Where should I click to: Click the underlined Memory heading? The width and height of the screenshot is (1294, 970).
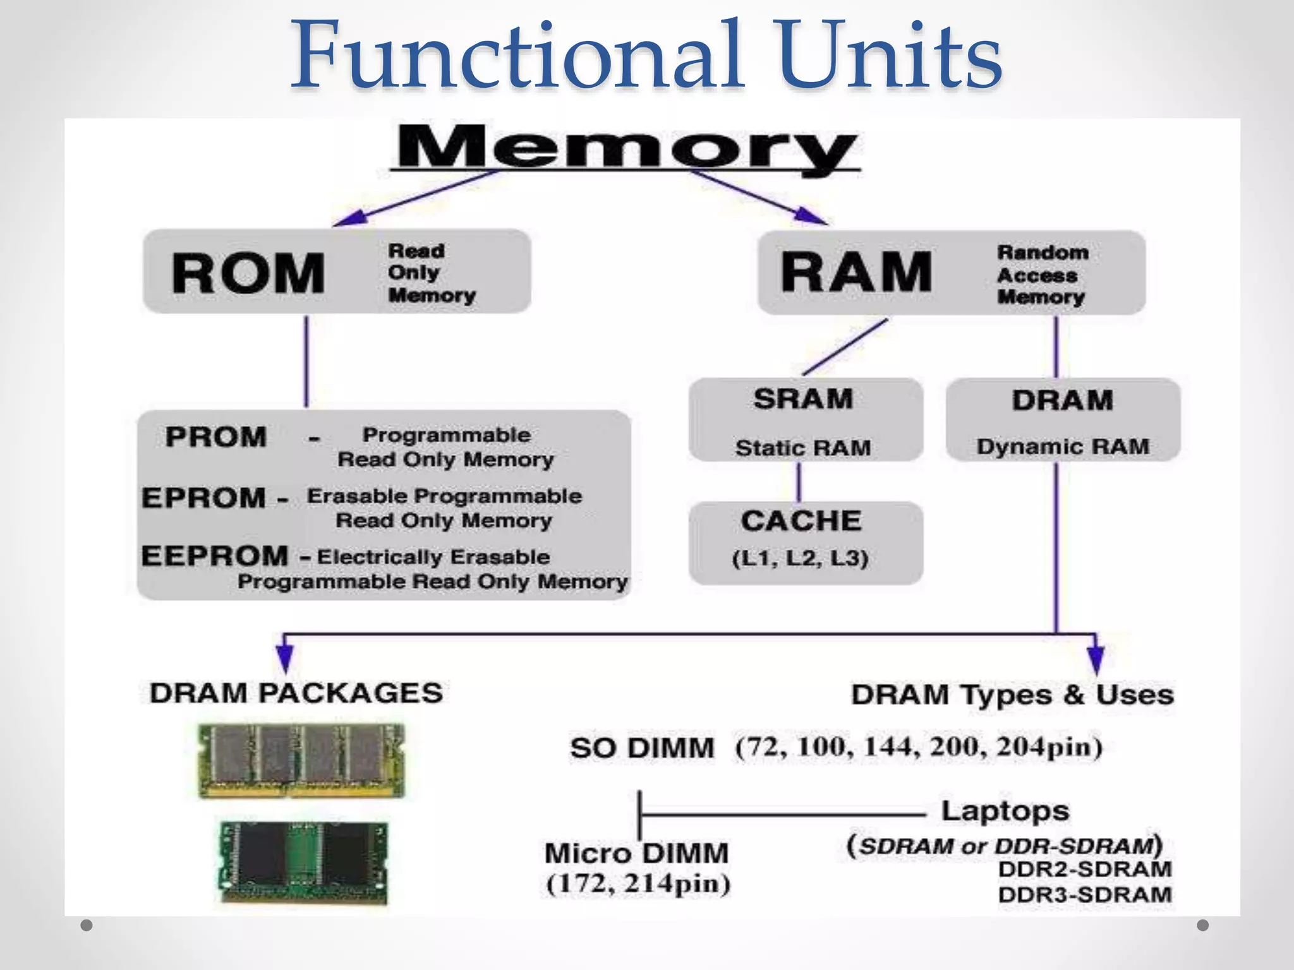[x=626, y=148]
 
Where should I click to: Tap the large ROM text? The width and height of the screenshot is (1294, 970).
[x=248, y=273]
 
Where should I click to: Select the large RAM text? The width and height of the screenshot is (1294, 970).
[x=856, y=272]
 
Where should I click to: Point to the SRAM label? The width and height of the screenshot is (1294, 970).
[x=803, y=399]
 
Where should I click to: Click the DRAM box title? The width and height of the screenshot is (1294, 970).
[x=1062, y=400]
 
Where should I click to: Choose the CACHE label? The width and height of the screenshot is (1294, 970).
[x=801, y=522]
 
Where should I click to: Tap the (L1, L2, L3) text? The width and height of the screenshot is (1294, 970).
[x=800, y=558]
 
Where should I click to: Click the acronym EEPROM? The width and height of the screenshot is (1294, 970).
[x=215, y=556]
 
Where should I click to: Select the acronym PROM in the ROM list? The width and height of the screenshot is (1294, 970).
[x=215, y=437]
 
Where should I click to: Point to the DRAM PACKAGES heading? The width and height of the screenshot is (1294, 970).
[x=296, y=693]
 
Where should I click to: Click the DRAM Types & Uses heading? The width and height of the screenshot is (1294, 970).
[x=1012, y=695]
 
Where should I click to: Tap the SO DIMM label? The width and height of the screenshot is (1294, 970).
[x=642, y=748]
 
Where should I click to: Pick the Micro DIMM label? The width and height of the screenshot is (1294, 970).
[x=636, y=854]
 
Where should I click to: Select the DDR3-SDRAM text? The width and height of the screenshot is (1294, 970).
[x=1084, y=895]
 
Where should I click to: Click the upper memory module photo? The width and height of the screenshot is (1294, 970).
[x=301, y=760]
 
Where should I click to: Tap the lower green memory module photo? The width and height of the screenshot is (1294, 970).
[x=304, y=862]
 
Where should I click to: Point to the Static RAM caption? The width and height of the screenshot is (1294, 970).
[x=803, y=448]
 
